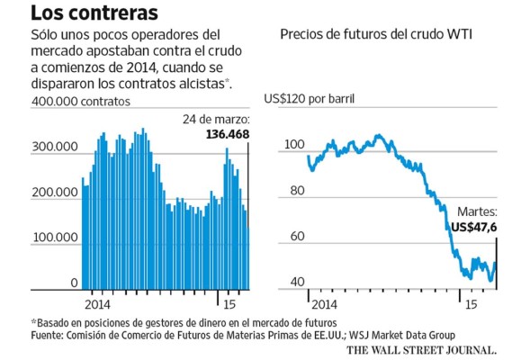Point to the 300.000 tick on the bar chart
coord(53,147)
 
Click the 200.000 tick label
coord(53,193)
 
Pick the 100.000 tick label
coord(53,238)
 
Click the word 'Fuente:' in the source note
coord(50,335)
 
